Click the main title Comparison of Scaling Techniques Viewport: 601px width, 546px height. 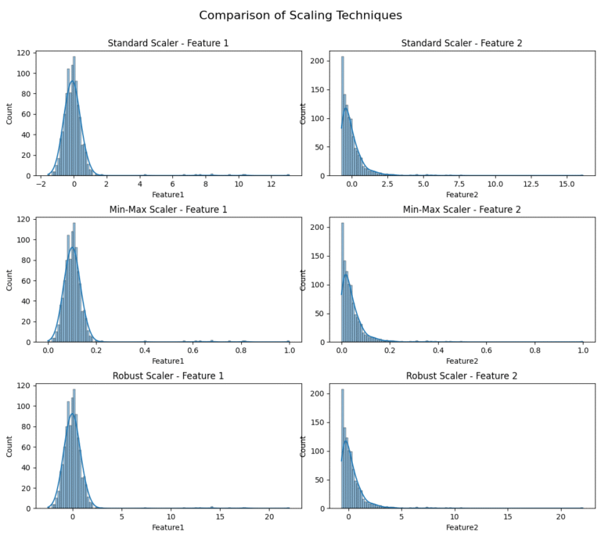point(300,16)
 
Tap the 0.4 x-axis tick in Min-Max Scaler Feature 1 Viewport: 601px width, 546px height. point(145,352)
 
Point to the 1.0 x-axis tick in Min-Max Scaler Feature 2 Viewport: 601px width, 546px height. point(583,352)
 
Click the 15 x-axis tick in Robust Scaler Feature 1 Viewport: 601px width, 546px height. point(220,519)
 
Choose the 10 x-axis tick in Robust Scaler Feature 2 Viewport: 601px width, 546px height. point(455,519)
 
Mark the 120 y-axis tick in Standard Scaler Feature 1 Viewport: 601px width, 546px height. point(23,53)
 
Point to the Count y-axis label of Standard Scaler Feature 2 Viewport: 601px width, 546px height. point(304,113)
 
